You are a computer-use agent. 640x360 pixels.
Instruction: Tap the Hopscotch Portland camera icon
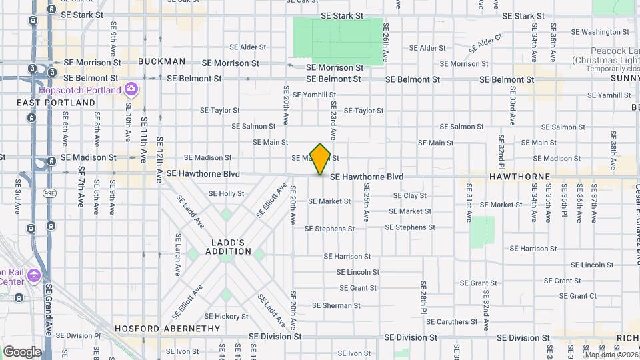pos(131,89)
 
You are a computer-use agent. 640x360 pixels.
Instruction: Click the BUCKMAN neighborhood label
pos(162,61)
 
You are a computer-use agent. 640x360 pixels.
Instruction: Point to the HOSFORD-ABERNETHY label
pos(167,329)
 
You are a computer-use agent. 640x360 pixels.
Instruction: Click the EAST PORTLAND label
pos(56,103)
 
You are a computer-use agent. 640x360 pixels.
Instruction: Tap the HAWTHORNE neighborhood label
pos(519,177)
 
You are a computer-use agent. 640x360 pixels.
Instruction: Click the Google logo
pos(21,351)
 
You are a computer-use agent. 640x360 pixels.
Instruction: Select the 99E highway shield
pos(49,193)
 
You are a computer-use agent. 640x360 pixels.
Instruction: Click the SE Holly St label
pos(227,193)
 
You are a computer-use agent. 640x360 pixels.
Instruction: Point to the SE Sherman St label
pos(337,306)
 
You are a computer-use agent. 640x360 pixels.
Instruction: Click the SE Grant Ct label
pos(578,296)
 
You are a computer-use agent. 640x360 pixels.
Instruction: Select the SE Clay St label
pos(410,195)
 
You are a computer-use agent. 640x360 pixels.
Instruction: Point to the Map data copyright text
pos(611,354)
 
